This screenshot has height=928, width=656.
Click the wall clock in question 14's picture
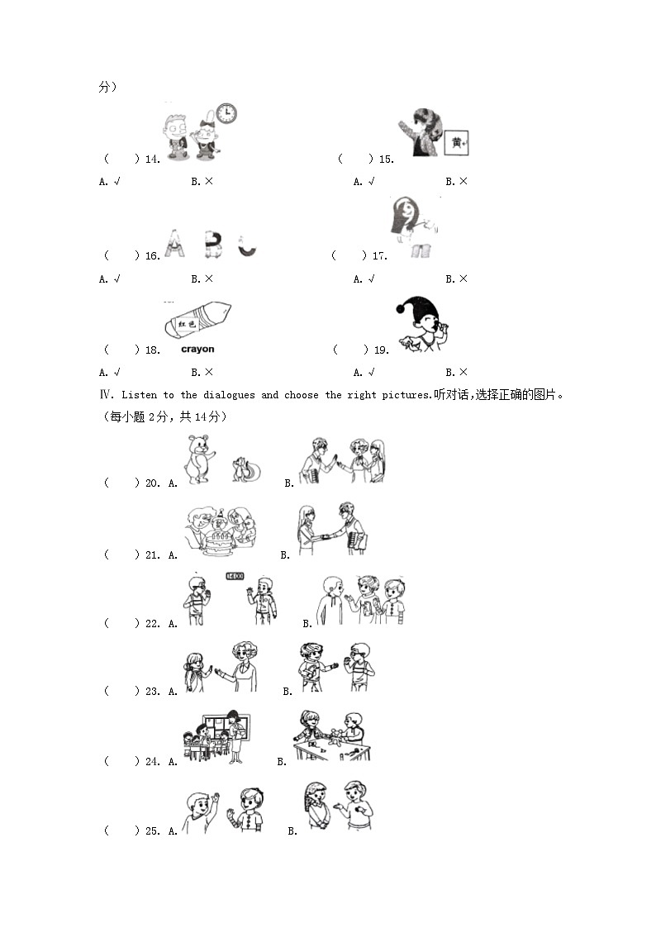click(x=226, y=114)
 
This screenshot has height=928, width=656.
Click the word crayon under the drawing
click(x=197, y=350)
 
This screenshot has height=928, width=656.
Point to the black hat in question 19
click(x=418, y=308)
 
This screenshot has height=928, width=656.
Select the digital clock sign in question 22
click(x=235, y=577)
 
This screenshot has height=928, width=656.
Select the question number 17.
click(x=379, y=256)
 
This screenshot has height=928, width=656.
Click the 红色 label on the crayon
click(x=187, y=325)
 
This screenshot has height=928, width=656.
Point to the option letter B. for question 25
click(x=292, y=831)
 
